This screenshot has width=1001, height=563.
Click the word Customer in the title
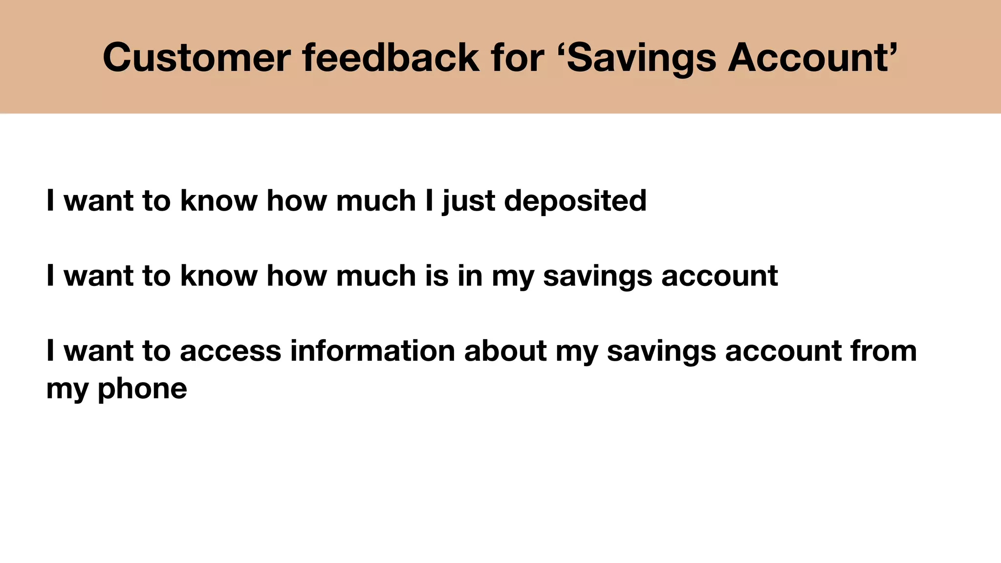pos(196,58)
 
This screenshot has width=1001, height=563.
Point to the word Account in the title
pos(807,58)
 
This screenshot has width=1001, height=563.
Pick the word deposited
pos(575,201)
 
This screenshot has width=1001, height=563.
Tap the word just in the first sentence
pos(469,201)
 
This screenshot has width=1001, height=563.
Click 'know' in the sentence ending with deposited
pos(218,201)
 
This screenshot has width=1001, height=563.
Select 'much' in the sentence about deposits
pos(376,201)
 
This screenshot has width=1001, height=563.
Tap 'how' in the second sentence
pos(297,276)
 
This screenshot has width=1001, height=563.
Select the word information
pos(372,350)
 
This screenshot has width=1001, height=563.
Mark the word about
pos(505,350)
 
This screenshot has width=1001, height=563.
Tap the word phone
pos(142,389)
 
